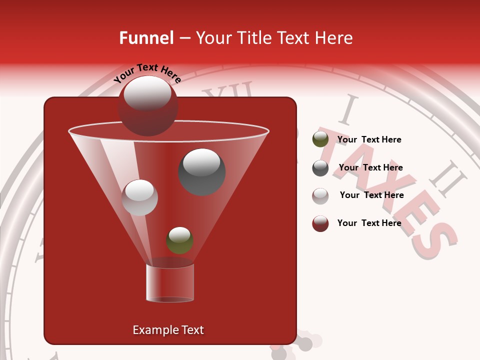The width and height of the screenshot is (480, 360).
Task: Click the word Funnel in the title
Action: click(146, 38)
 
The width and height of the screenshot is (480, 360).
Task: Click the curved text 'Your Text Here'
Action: click(147, 73)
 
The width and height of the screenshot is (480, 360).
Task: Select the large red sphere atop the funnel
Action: click(148, 106)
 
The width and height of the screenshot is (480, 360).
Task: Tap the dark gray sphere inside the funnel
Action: click(202, 172)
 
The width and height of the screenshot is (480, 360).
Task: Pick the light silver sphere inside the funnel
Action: click(140, 197)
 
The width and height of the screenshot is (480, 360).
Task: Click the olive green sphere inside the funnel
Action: click(179, 240)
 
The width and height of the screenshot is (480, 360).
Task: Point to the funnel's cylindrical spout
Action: click(170, 283)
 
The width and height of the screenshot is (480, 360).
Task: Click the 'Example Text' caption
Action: click(168, 330)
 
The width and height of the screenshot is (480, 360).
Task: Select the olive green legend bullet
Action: click(320, 140)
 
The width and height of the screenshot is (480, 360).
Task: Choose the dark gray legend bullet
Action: click(320, 168)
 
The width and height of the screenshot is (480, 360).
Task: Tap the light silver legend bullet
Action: click(320, 196)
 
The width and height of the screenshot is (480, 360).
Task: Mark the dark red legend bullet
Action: click(320, 223)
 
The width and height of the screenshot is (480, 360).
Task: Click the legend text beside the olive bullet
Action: click(369, 139)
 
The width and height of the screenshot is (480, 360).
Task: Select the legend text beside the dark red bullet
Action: click(369, 223)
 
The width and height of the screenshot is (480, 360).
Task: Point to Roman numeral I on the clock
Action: click(348, 111)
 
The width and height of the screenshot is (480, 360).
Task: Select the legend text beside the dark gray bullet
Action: click(370, 167)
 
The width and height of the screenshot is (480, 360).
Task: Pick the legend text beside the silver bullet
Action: click(371, 195)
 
